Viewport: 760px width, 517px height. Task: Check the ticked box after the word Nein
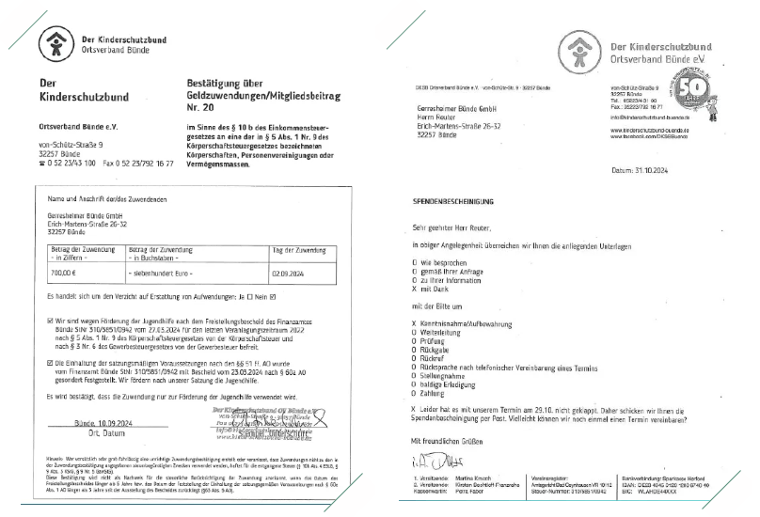click(273, 297)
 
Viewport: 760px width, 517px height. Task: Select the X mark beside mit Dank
click(415, 287)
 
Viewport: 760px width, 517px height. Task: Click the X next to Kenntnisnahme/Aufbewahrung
click(415, 323)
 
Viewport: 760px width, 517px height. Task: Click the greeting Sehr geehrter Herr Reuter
click(451, 227)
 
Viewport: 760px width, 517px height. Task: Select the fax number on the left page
click(151, 164)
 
